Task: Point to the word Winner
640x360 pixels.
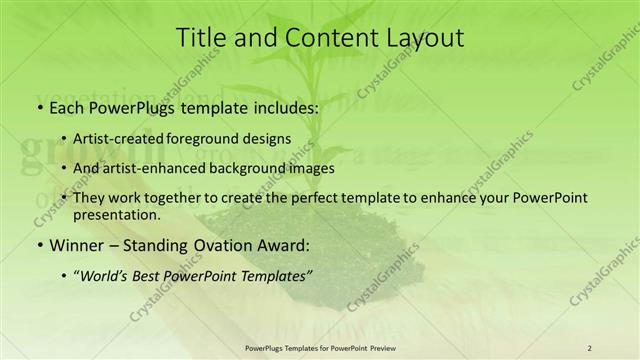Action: tap(75, 244)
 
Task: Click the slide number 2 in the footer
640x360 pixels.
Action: tap(589, 348)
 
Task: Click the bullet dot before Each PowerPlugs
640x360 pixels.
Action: tap(39, 106)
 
